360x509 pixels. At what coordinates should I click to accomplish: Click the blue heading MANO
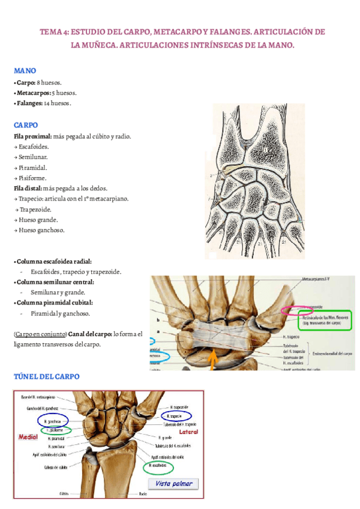click(x=25, y=70)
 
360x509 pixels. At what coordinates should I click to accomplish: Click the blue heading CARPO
click(x=26, y=125)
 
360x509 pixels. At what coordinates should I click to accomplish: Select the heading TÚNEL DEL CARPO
click(x=46, y=376)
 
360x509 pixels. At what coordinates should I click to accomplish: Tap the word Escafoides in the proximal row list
click(x=34, y=146)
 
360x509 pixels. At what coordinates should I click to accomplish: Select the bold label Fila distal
click(x=28, y=188)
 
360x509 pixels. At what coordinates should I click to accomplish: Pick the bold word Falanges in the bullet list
click(x=29, y=103)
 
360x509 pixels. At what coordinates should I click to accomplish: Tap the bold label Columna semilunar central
click(x=55, y=282)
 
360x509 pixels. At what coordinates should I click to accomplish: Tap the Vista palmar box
click(x=173, y=484)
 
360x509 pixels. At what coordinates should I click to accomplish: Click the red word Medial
click(x=28, y=438)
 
